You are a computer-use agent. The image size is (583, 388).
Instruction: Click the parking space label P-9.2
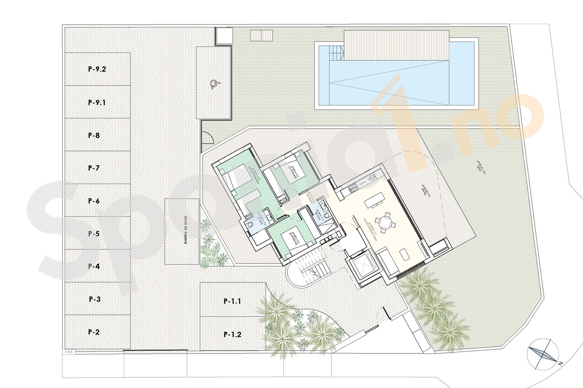pyautogui.click(x=97, y=69)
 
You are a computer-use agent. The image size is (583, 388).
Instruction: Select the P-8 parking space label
pyautogui.click(x=94, y=135)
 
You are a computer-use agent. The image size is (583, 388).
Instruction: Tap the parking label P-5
pyautogui.click(x=94, y=234)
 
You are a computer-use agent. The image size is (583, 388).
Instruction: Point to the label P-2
pyautogui.click(x=94, y=332)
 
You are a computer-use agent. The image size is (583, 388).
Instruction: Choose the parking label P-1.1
pyautogui.click(x=232, y=301)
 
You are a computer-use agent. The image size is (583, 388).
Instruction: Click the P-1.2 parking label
pyautogui.click(x=232, y=334)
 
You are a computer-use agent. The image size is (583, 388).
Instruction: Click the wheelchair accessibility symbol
pyautogui.click(x=214, y=84)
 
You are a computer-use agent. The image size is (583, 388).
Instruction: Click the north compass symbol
pyautogui.click(x=543, y=353)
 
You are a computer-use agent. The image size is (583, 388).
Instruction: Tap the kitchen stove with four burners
pyautogui.click(x=353, y=188)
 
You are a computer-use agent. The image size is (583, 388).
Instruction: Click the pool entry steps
pyautogui.click(x=337, y=54)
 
